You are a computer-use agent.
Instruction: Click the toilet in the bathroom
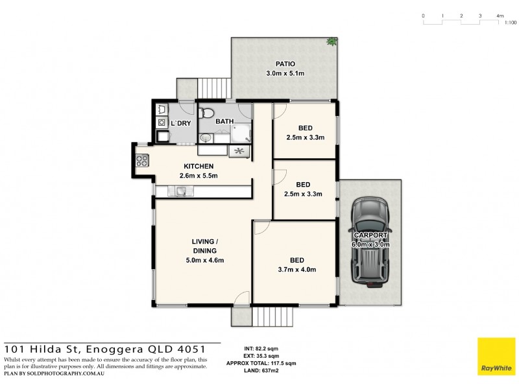[207, 113]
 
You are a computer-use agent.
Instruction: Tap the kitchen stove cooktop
[142, 161]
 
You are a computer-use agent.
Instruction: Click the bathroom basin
[206, 137]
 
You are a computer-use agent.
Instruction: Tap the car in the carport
[369, 241]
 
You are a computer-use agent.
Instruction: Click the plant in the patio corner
[332, 42]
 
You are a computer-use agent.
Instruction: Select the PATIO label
[285, 64]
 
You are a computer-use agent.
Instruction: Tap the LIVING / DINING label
[204, 246]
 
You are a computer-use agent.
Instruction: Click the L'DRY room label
[180, 123]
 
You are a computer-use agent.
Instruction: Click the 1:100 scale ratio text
[510, 23]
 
